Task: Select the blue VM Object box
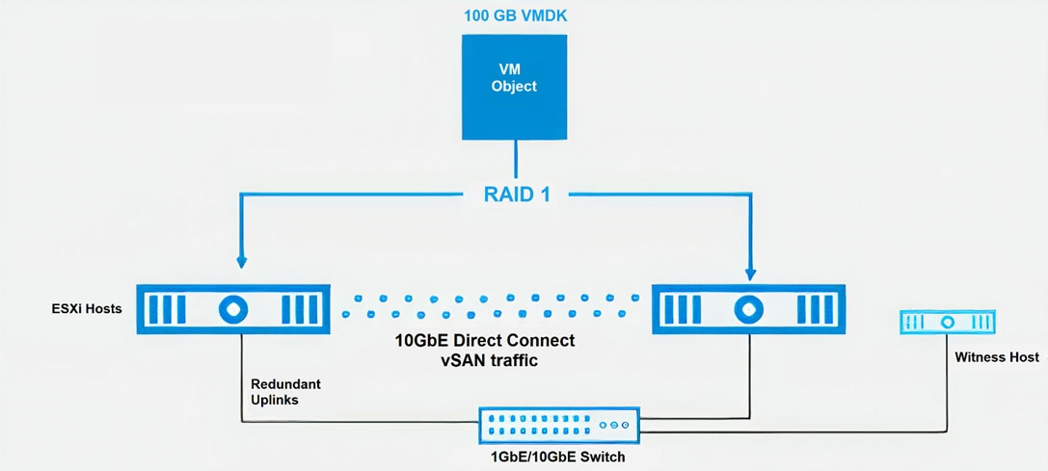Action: pyautogui.click(x=514, y=86)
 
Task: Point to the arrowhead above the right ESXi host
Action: pyautogui.click(x=751, y=273)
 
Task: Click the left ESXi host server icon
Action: pyautogui.click(x=233, y=308)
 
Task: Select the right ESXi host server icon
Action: pyautogui.click(x=748, y=308)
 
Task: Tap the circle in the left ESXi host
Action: pyautogui.click(x=233, y=308)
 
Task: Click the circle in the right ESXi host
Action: pyautogui.click(x=748, y=308)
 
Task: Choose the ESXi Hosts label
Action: pyautogui.click(x=87, y=309)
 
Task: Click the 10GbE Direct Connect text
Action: pyautogui.click(x=486, y=341)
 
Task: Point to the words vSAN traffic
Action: pyautogui.click(x=486, y=361)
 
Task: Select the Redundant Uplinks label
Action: pyautogui.click(x=285, y=392)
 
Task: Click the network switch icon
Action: pyautogui.click(x=559, y=425)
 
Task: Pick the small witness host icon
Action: pyautogui.click(x=947, y=322)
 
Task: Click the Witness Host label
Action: pyautogui.click(x=997, y=357)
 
